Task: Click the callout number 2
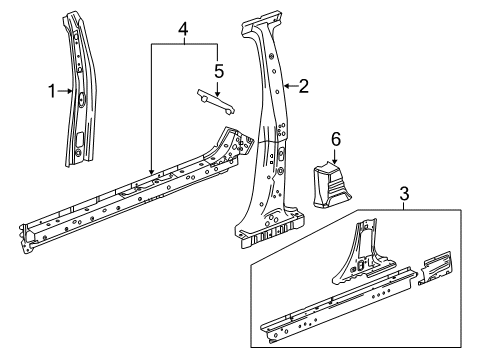point(303,86)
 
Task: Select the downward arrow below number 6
point(336,158)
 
